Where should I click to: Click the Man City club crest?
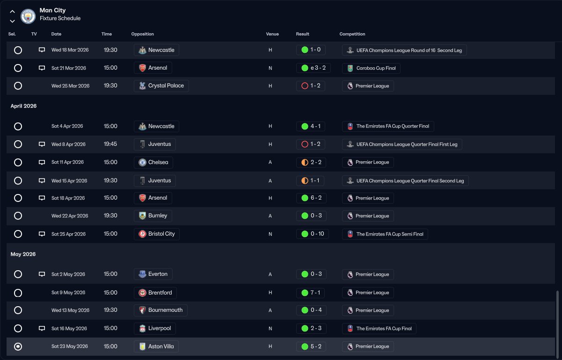28,16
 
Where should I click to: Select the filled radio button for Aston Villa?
18,346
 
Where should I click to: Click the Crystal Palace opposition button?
161,86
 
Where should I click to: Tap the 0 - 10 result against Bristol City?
313,234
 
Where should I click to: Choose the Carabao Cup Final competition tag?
371,68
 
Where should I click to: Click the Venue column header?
272,34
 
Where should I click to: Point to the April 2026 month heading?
23,106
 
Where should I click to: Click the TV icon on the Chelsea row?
42,162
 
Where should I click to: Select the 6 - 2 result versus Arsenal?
311,198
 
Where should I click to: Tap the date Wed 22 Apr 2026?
70,216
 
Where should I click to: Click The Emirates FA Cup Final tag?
379,328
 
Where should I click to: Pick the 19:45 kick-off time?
110,144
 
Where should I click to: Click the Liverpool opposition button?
155,328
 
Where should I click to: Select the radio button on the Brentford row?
18,293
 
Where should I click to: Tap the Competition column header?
352,34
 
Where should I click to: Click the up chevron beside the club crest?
12,12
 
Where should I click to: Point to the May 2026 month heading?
23,254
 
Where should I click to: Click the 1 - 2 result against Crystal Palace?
311,86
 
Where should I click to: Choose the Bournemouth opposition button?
161,310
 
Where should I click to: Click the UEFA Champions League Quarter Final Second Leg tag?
405,181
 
